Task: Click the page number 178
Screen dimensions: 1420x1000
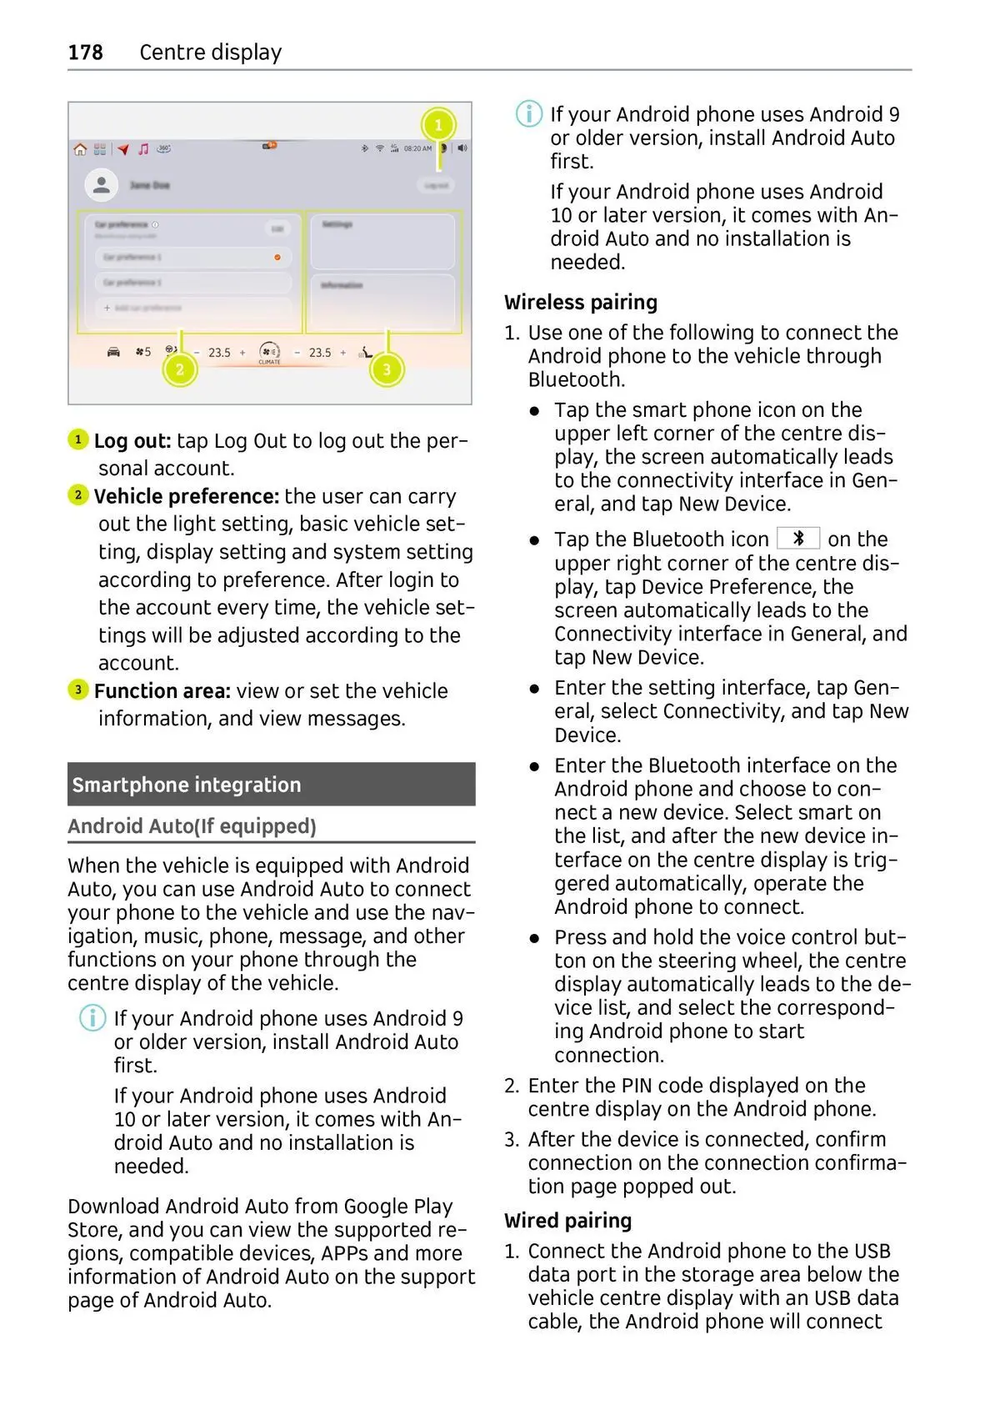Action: coord(85,53)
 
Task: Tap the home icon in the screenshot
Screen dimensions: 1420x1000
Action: coord(80,149)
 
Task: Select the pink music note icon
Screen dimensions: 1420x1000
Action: coord(143,149)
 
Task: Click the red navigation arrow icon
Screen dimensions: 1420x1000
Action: coord(123,149)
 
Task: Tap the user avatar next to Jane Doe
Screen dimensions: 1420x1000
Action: coord(101,185)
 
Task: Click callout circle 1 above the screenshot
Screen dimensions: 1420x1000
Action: coord(438,125)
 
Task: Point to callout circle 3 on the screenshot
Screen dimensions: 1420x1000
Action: coord(386,369)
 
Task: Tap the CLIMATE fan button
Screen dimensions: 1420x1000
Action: coord(269,352)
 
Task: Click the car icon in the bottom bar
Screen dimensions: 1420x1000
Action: coord(113,352)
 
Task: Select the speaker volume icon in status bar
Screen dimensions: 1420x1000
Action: coord(462,148)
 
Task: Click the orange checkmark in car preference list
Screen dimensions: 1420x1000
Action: coord(277,258)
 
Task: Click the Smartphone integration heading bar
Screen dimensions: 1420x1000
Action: coord(271,785)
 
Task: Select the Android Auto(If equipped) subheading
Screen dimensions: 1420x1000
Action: coord(192,826)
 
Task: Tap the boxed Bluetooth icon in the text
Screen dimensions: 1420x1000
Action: coord(797,539)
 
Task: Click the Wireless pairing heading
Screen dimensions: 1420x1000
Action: coord(581,302)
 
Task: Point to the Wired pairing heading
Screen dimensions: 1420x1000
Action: coord(567,1221)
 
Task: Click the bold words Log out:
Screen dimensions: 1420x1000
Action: coord(132,440)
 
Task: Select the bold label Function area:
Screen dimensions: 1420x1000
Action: coord(162,691)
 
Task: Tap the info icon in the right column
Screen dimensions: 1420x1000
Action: coord(528,114)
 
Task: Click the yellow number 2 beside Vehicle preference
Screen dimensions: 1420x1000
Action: coord(77,495)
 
